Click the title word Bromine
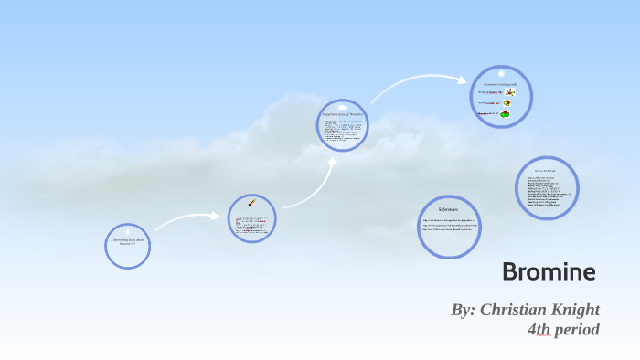(549, 271)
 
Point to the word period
(579, 330)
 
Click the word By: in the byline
(464, 310)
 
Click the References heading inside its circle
(448, 209)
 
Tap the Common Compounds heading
(500, 83)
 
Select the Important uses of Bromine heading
(342, 115)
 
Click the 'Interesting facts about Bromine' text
(127, 241)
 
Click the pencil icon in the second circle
(251, 203)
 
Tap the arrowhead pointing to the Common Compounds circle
(464, 79)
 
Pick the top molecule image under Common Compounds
(508, 92)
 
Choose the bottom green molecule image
(507, 114)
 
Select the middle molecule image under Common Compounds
(507, 103)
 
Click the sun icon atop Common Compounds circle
(501, 71)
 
